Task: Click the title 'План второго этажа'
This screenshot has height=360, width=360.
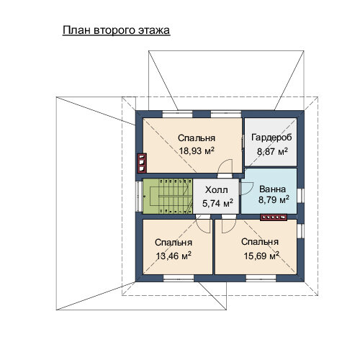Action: click(x=117, y=30)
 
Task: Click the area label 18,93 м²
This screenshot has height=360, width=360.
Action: click(x=197, y=151)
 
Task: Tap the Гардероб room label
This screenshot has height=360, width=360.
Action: click(x=271, y=138)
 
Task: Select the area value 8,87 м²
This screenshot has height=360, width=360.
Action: click(x=272, y=152)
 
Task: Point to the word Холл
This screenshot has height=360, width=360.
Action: click(x=217, y=190)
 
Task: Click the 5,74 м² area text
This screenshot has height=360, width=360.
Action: click(x=217, y=204)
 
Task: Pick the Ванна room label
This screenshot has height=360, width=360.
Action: click(x=272, y=189)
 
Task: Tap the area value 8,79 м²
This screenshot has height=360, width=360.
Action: click(x=274, y=199)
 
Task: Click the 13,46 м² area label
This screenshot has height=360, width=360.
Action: click(x=174, y=256)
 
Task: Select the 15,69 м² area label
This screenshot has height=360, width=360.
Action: click(x=261, y=256)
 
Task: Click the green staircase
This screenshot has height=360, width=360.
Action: click(x=168, y=196)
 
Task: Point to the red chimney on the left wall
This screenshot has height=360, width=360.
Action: click(x=142, y=163)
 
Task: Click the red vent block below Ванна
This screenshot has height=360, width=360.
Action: click(x=274, y=217)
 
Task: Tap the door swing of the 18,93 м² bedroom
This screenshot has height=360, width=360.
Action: click(x=225, y=166)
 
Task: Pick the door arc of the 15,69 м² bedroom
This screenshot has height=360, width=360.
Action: click(x=229, y=226)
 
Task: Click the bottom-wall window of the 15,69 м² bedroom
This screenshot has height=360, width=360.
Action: click(x=261, y=278)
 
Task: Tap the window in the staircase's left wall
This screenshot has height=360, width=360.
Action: click(x=139, y=197)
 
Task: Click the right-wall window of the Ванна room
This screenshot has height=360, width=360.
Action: click(x=300, y=196)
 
